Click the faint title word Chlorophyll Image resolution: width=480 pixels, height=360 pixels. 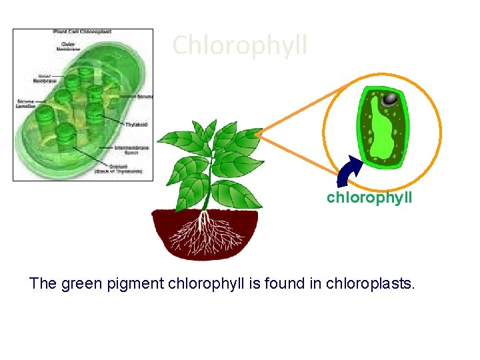pyautogui.click(x=240, y=45)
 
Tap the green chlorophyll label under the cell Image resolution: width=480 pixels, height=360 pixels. pyautogui.click(x=369, y=198)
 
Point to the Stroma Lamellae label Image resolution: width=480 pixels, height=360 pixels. pyautogui.click(x=27, y=104)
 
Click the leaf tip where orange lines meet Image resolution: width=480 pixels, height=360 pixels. pyautogui.click(x=257, y=133)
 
